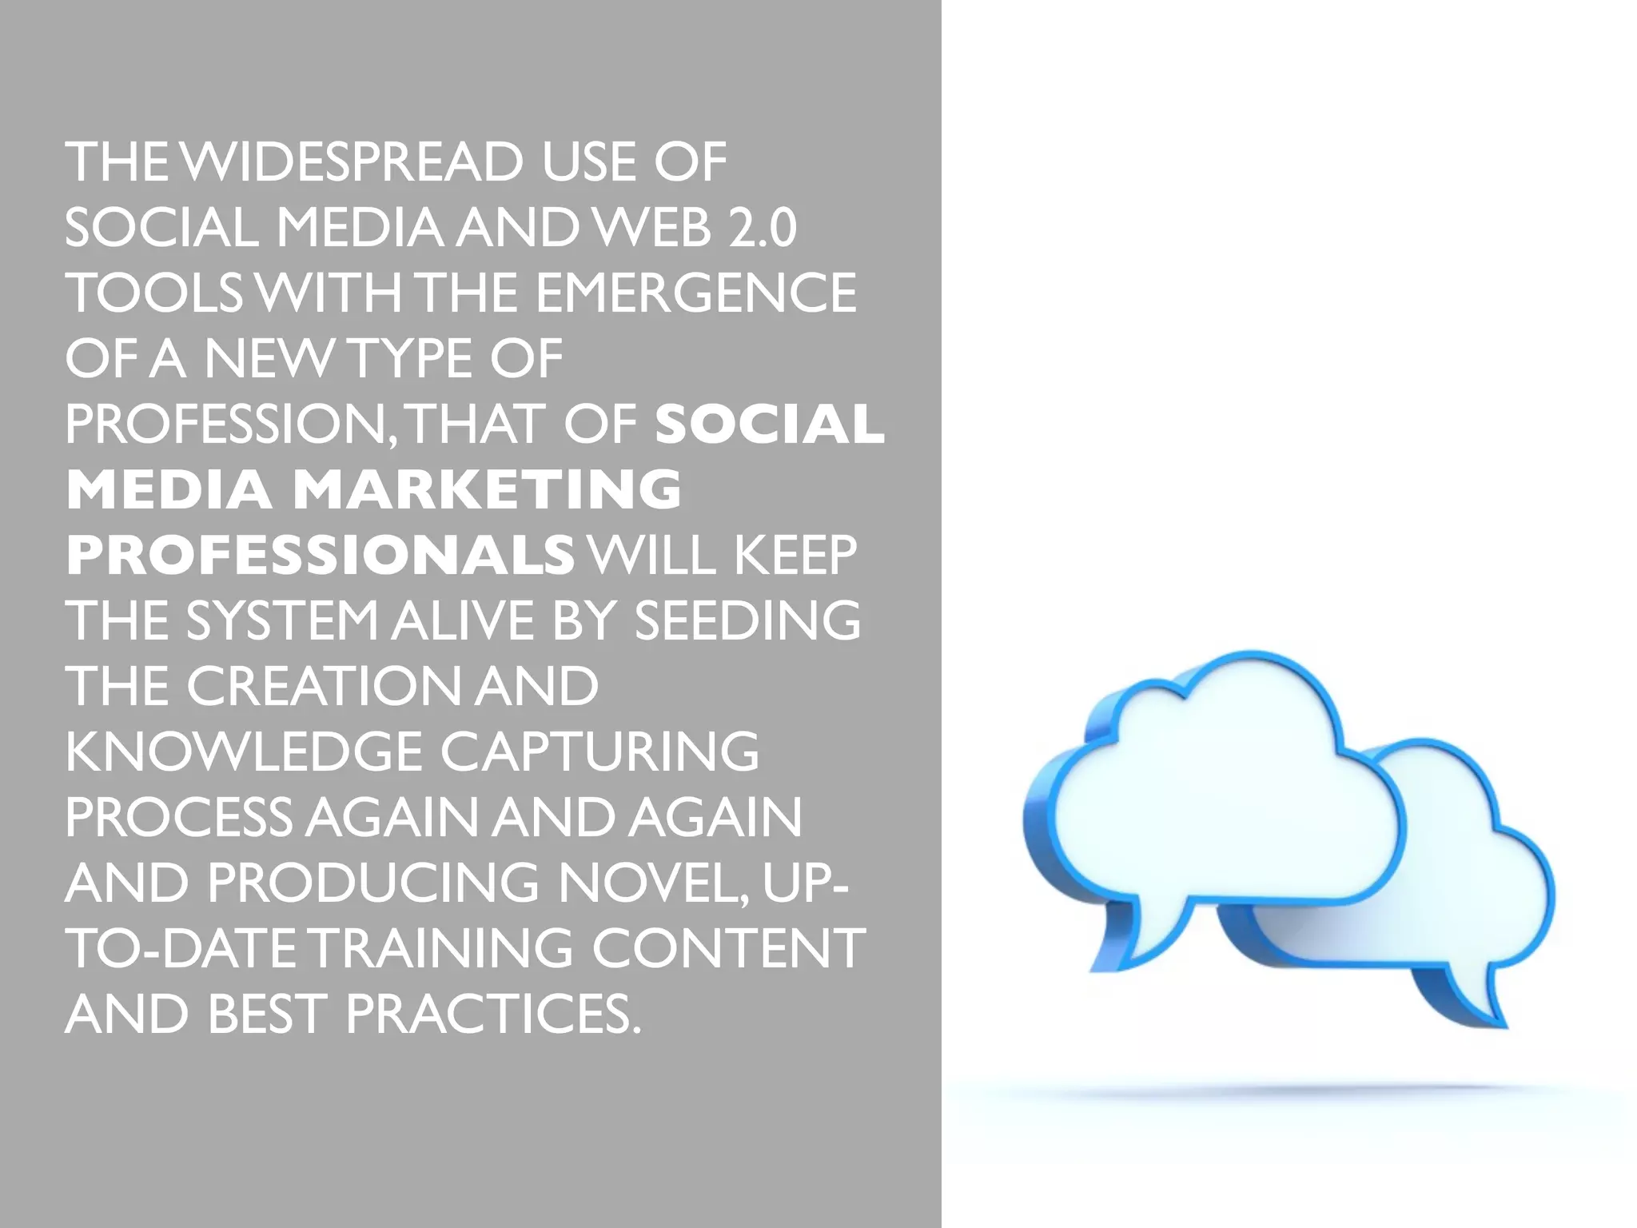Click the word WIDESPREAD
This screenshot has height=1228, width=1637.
click(x=352, y=162)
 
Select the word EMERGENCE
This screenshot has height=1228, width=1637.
click(x=695, y=293)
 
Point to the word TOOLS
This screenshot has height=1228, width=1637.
click(x=153, y=293)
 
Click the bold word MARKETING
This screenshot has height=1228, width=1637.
click(x=487, y=489)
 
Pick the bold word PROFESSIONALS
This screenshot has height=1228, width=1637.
click(x=320, y=555)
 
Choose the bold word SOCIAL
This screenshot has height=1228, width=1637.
click(x=770, y=424)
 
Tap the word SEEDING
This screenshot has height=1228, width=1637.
click(x=747, y=620)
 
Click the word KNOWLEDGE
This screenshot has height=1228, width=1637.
click(x=243, y=752)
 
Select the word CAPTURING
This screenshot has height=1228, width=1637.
click(x=599, y=752)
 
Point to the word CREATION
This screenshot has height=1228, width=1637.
click(x=323, y=686)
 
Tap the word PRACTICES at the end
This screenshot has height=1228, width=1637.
click(x=493, y=1014)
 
